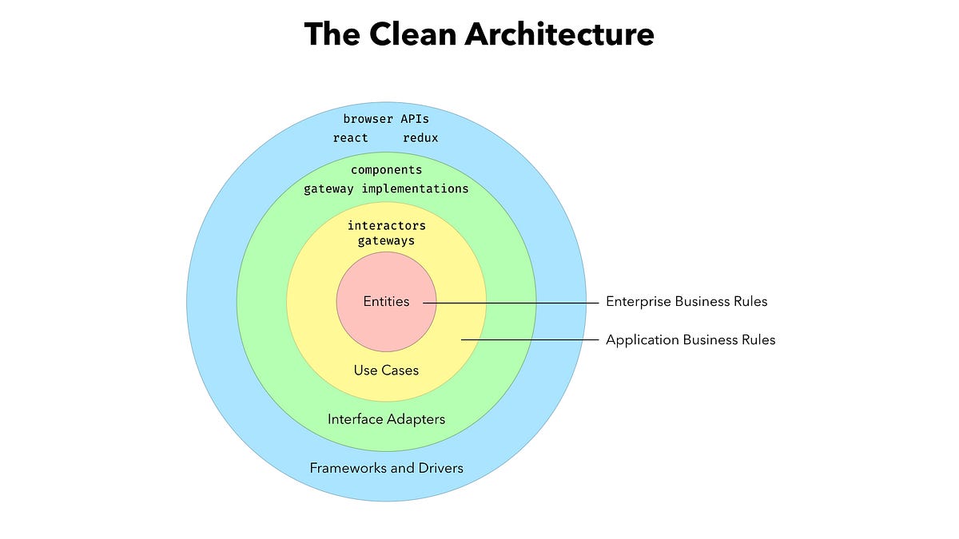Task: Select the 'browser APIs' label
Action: (386, 119)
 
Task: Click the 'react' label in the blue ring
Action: (351, 137)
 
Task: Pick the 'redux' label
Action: (420, 137)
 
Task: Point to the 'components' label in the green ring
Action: (386, 170)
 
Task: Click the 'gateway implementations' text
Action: (386, 189)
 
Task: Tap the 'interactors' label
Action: (386, 226)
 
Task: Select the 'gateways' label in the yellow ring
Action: (386, 240)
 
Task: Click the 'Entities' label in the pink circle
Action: (386, 302)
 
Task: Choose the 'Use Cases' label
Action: (386, 371)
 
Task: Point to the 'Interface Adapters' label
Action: (386, 419)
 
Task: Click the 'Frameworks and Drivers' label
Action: (386, 468)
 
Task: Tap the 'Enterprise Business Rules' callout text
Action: (686, 302)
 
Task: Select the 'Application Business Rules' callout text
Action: (690, 340)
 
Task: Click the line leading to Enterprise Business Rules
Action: (511, 303)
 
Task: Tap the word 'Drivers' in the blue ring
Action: (440, 468)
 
